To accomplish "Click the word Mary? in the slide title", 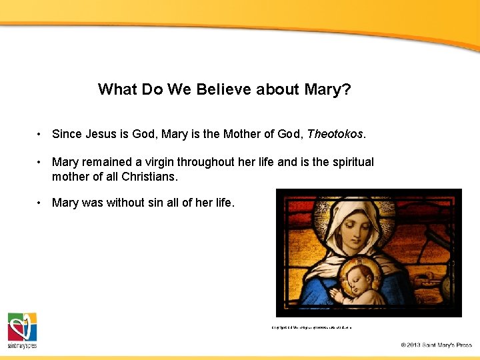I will pyautogui.click(x=327, y=89).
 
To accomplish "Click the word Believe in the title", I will pyautogui.click(x=223, y=89).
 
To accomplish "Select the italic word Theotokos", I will pyautogui.click(x=335, y=134).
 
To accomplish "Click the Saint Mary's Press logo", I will pyautogui.click(x=22, y=331).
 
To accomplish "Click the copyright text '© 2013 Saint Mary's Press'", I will pyautogui.click(x=436, y=345).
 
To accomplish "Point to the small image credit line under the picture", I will pyautogui.click(x=311, y=327).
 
